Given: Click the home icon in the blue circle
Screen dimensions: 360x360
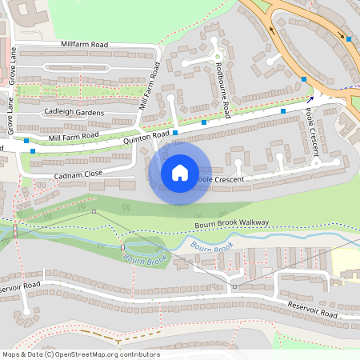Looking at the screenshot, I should pos(180,172).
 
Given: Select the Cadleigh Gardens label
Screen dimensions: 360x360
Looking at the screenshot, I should pos(74,113).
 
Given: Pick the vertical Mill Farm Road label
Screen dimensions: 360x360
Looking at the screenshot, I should pos(149,85).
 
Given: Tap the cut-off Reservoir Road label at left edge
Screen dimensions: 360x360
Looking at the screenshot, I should pos(20,286).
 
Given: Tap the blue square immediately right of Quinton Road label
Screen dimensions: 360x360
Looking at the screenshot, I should pos(175,133).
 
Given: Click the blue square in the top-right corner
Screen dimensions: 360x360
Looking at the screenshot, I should pos(349,38).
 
